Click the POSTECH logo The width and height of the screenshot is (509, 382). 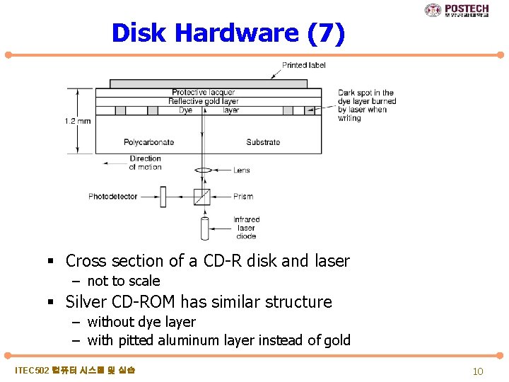[457, 10]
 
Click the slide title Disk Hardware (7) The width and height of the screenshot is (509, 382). [228, 33]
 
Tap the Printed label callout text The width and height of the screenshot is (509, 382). [304, 65]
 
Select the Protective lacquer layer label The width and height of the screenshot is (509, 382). [204, 92]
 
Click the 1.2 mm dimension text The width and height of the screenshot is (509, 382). [78, 121]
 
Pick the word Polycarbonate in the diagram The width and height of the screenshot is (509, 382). [149, 142]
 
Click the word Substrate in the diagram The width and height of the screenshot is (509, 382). [263, 142]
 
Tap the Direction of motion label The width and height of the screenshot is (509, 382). [145, 163]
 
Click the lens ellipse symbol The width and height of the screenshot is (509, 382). [203, 170]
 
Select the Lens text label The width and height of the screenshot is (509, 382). [241, 170]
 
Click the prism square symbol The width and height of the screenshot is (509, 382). [202, 197]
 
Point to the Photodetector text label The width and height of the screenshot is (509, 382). [113, 197]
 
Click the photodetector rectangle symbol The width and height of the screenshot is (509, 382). [161, 197]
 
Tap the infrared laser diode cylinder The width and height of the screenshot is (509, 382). [204, 228]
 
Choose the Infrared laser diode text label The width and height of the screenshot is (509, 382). [247, 228]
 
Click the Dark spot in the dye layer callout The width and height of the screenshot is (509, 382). [366, 105]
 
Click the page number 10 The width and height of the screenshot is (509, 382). [478, 371]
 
